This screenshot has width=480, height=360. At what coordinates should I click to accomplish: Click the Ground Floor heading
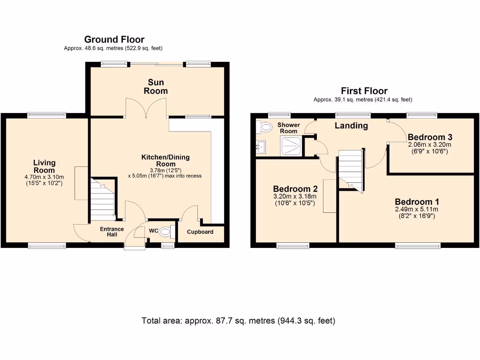(x=114, y=40)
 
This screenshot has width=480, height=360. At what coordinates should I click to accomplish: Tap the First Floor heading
(x=364, y=91)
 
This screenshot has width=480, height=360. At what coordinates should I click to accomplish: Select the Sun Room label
(x=156, y=87)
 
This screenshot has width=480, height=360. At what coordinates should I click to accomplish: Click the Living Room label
(x=44, y=166)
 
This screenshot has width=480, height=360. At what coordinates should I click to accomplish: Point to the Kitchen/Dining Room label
(x=165, y=160)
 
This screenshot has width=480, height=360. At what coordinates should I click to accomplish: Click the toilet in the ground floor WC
(x=165, y=231)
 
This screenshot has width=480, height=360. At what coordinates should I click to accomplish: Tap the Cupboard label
(x=200, y=232)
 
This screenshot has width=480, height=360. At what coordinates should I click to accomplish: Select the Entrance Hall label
(x=112, y=232)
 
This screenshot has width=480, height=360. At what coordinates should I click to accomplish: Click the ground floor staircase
(x=103, y=199)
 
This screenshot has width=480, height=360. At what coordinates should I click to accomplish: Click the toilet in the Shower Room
(x=265, y=127)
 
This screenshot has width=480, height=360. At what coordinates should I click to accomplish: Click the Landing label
(x=351, y=126)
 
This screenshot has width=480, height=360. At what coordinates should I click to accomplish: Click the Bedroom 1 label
(x=417, y=202)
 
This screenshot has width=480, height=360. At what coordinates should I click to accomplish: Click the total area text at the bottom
(x=239, y=321)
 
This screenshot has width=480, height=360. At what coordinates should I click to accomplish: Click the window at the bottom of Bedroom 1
(x=418, y=246)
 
